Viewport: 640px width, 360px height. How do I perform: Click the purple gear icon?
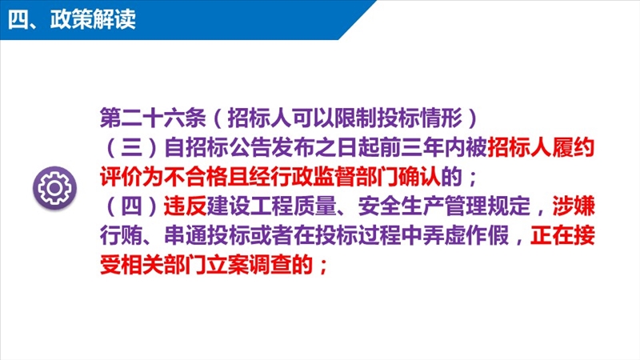pyautogui.click(x=54, y=188)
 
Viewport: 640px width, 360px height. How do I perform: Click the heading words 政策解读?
pyautogui.click(x=93, y=19)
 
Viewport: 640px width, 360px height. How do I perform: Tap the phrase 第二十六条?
pyautogui.click(x=153, y=118)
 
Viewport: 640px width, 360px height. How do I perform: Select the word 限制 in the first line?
pyautogui.click(x=355, y=118)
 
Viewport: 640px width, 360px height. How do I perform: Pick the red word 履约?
pyautogui.click(x=573, y=148)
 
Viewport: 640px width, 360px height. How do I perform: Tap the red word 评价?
pyautogui.click(x=122, y=177)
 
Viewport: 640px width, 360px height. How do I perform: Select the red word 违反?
pyautogui.click(x=185, y=206)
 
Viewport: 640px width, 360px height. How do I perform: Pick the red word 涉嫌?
pyautogui.click(x=574, y=206)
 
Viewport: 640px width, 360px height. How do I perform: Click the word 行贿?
pyautogui.click(x=122, y=236)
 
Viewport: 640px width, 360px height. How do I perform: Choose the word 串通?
pyautogui.click(x=185, y=236)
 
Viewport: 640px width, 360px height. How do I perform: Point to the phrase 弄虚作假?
pyautogui.click(x=466, y=236)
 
